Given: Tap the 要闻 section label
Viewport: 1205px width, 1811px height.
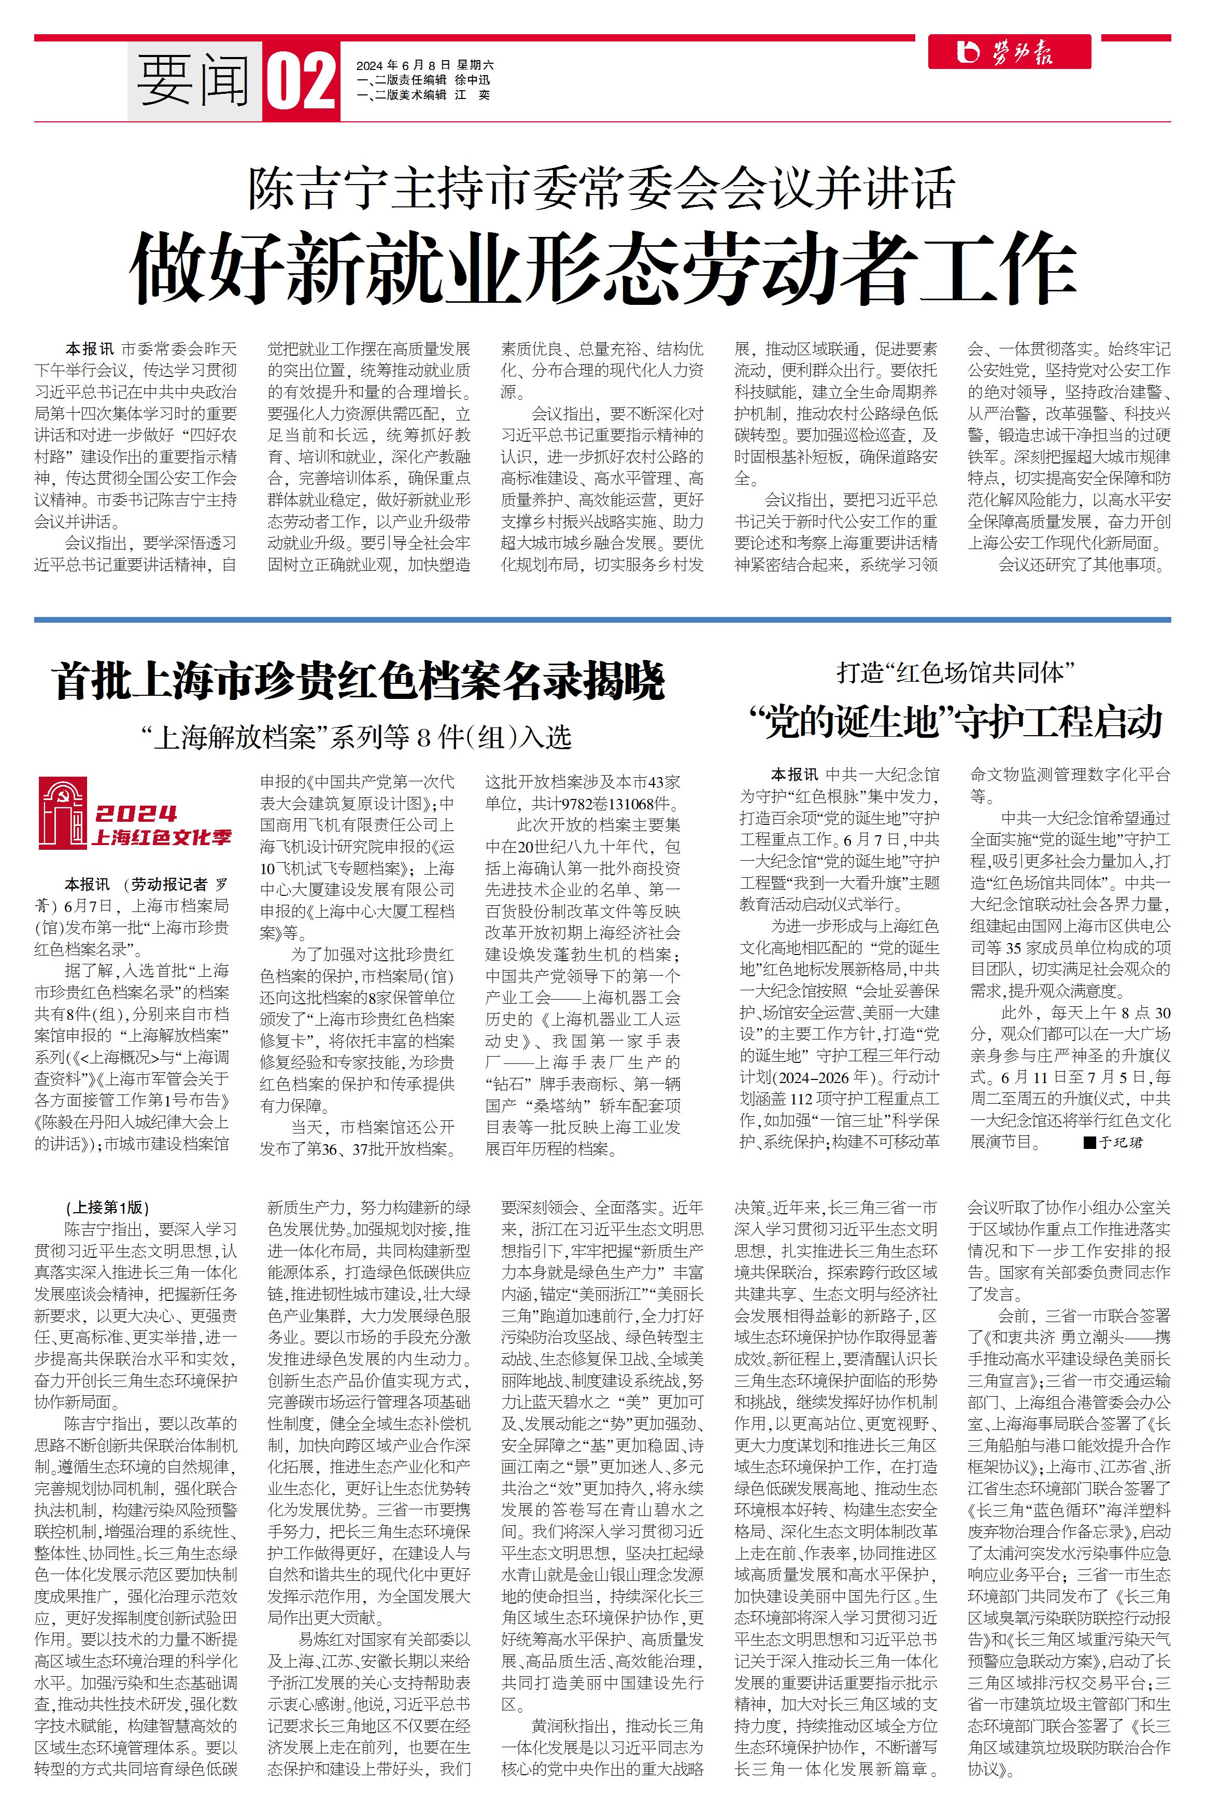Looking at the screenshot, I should click(194, 81).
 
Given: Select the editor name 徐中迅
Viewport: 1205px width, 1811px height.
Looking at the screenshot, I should click(472, 80).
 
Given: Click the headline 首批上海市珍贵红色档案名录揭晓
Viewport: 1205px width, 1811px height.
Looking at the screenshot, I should click(358, 681).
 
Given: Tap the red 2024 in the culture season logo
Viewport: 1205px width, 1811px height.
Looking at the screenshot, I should click(136, 813).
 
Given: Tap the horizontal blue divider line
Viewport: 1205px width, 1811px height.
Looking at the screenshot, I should click(602, 619).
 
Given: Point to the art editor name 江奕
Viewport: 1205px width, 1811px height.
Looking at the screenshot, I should click(472, 94).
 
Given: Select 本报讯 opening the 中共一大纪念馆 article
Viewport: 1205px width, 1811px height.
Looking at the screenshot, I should click(794, 775).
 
